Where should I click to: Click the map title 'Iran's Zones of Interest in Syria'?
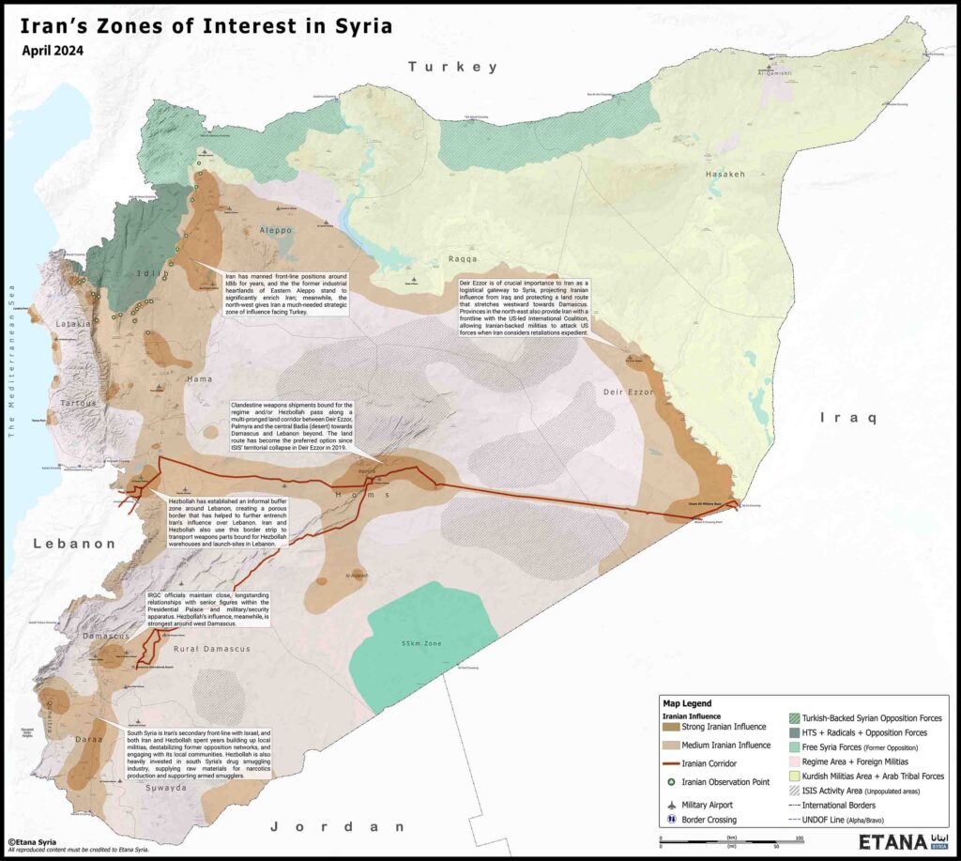pyautogui.click(x=206, y=26)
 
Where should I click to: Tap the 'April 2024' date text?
pyautogui.click(x=53, y=51)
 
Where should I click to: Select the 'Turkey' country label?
pyautogui.click(x=451, y=67)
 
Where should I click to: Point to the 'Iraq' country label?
pyautogui.click(x=847, y=417)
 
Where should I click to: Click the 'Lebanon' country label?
pyautogui.click(x=73, y=544)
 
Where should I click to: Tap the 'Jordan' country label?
pyautogui.click(x=340, y=827)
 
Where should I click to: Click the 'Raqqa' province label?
pyautogui.click(x=462, y=258)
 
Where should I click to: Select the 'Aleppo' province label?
pyautogui.click(x=271, y=230)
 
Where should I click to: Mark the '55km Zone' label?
pyautogui.click(x=419, y=644)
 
